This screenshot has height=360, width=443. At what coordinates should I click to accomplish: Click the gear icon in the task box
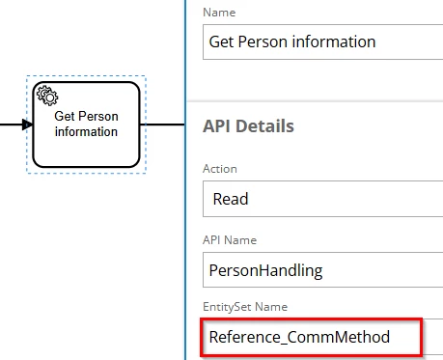coord(47,96)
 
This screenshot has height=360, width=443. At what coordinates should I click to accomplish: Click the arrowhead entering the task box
coord(27,125)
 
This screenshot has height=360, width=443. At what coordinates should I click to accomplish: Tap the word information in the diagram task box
coord(86,131)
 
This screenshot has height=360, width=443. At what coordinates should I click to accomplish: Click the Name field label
coord(219,13)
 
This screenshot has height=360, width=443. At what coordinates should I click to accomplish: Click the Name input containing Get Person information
coord(322,42)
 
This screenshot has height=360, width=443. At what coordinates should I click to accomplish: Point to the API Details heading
coord(248,125)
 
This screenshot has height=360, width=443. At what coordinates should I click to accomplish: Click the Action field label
coord(220,169)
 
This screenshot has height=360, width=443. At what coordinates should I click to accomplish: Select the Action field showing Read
coord(322,199)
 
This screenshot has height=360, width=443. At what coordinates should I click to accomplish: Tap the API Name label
coord(230,240)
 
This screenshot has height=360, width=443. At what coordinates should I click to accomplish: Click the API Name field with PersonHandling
coord(322,269)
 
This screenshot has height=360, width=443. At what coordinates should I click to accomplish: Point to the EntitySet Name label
coord(245,307)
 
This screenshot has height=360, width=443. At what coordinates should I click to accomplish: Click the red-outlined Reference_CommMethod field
coord(311,337)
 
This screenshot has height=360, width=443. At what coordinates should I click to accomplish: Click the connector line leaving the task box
coord(162,125)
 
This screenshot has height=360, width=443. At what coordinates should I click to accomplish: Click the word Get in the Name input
coord(221,42)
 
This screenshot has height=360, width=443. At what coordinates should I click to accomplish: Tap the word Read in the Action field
coord(231,199)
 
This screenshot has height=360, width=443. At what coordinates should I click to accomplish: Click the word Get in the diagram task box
coord(65,116)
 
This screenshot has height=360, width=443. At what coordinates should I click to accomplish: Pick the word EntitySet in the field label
coord(227,307)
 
